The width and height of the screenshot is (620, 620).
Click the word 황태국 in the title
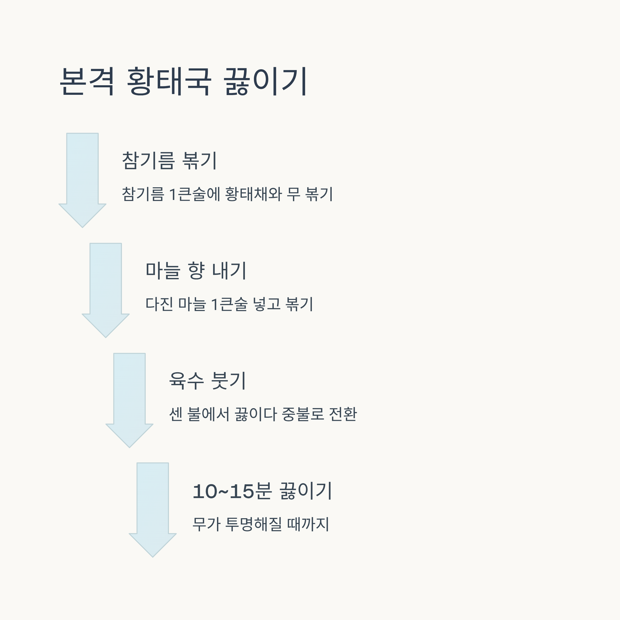(169, 82)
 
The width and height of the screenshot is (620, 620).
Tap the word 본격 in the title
(87, 82)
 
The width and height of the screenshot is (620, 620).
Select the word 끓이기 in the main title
(266, 82)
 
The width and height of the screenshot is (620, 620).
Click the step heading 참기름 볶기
(169, 160)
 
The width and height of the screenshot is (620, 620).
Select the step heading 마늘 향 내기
(196, 270)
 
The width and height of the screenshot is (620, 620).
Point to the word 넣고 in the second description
(267, 304)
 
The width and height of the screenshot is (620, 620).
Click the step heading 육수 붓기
(207, 381)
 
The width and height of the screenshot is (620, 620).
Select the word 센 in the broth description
(176, 414)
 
